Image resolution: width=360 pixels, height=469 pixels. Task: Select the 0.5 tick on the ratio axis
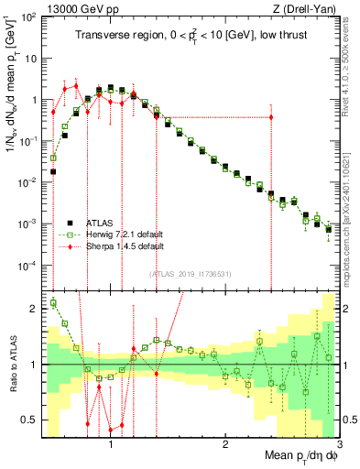pyautogui.click(x=30, y=420)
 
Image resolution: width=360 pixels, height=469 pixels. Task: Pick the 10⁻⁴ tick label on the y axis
pyautogui.click(x=27, y=266)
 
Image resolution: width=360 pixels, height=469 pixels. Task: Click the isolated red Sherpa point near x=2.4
pyautogui.click(x=271, y=117)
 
